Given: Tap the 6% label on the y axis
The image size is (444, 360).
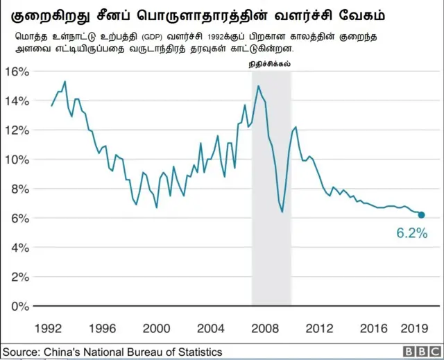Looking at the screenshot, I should [17, 218].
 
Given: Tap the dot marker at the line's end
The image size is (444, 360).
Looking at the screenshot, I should [422, 215].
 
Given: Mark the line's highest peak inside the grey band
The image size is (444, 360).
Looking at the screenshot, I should [258, 86].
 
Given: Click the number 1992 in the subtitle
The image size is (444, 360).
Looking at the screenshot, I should [219, 36].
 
